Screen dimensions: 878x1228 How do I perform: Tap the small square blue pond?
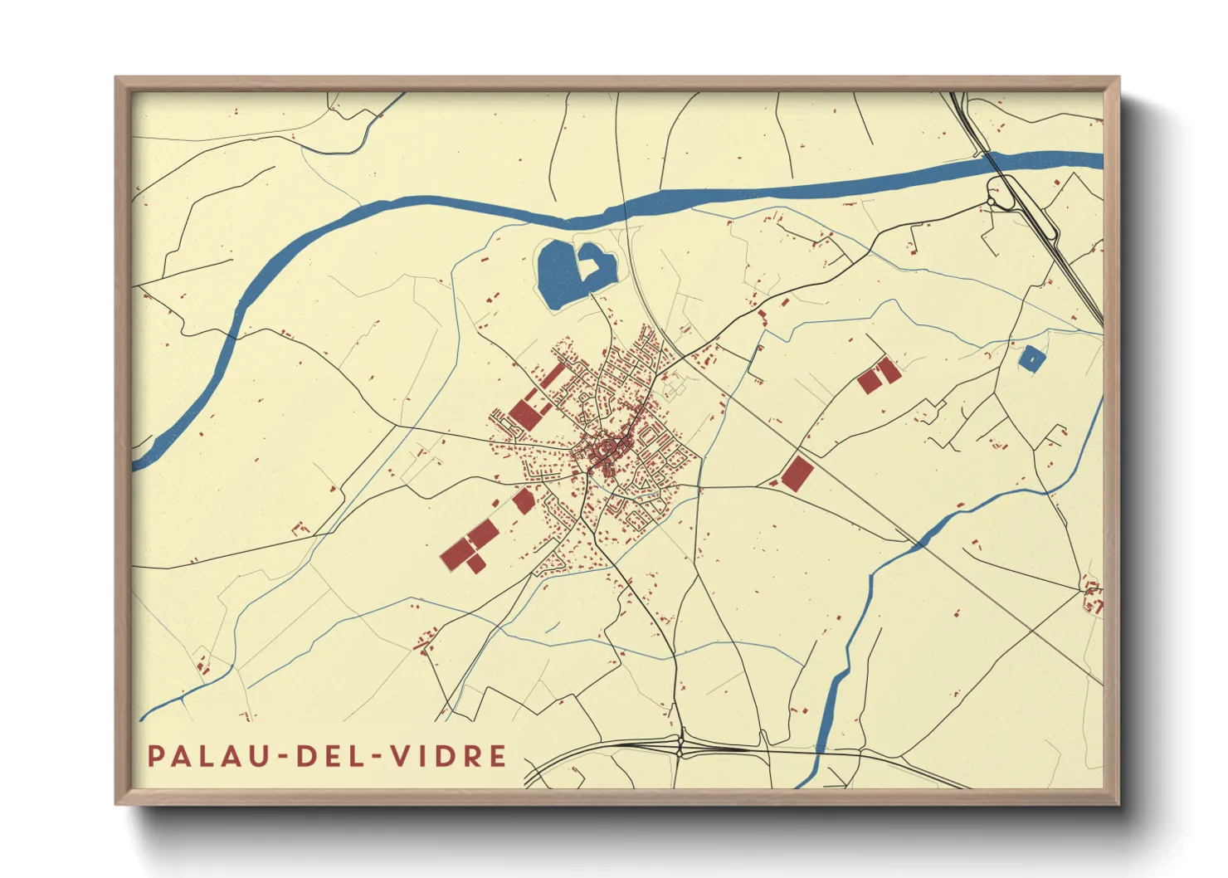pos(1031,359)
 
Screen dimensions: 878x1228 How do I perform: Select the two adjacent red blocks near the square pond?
pos(878,375)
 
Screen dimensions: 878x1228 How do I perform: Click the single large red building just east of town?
pos(797,474)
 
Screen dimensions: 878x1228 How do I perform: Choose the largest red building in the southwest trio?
pos(456,553)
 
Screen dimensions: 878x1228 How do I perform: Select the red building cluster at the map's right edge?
pos(1094,597)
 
